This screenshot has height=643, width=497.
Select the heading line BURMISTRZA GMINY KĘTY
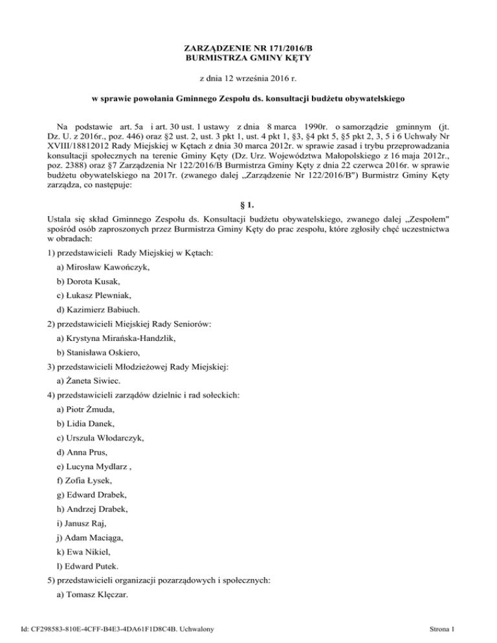248,60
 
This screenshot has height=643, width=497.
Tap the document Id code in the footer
116,628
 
